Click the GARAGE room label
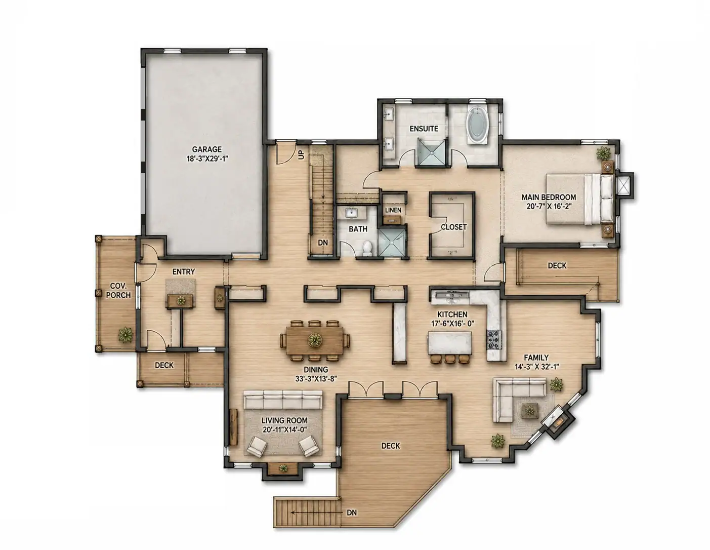pos(206,149)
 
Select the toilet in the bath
pos(368,248)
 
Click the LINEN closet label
pos(393,210)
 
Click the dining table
pos(314,340)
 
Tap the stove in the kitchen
pos(494,339)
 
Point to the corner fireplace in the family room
pos(557,421)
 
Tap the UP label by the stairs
pos(301,154)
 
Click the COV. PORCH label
pos(118,290)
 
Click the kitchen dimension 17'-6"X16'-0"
pos(452,324)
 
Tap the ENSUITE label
pos(424,129)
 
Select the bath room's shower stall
pos(391,243)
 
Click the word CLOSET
pos(453,227)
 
